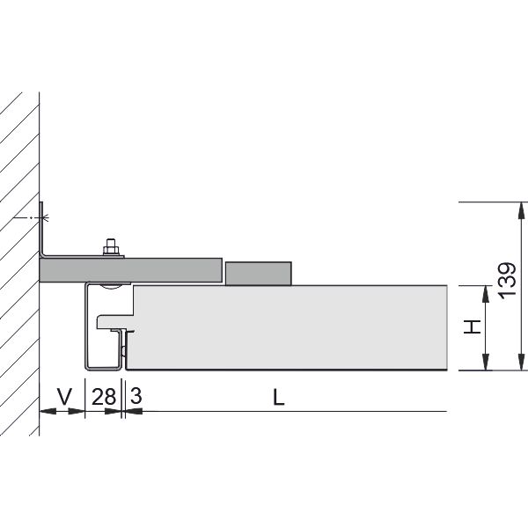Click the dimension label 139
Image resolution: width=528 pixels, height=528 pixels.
(508, 281)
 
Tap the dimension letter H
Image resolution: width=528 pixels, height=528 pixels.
(473, 327)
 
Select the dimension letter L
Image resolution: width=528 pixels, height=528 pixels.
(278, 397)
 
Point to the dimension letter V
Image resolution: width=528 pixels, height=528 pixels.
(64, 397)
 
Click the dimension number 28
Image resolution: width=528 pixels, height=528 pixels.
(104, 397)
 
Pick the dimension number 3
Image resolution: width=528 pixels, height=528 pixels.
(136, 396)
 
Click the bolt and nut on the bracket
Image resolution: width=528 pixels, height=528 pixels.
(111, 246)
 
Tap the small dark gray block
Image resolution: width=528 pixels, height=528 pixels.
(258, 274)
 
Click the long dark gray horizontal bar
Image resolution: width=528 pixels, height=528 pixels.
(130, 270)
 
